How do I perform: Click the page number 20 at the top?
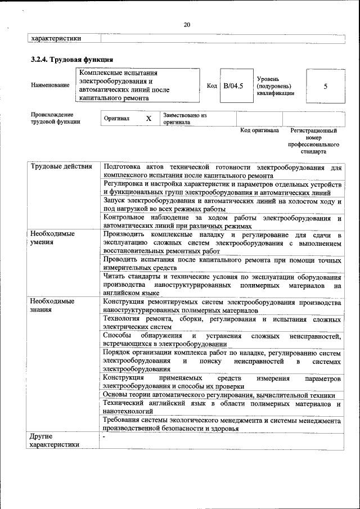[187, 24]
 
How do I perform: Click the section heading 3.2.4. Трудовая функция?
[72, 59]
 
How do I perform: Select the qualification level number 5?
[325, 86]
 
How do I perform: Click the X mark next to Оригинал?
[148, 119]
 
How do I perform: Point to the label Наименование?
[51, 85]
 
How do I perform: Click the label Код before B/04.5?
[212, 85]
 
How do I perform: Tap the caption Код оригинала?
[259, 130]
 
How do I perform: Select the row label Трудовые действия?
[61, 167]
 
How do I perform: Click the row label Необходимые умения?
[53, 238]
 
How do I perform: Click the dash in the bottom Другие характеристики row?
[105, 436]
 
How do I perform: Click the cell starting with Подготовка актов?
[222, 172]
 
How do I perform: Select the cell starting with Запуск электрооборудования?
[222, 204]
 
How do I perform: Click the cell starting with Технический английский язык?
[222, 408]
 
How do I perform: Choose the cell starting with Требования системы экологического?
[222, 424]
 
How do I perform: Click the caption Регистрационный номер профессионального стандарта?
[313, 141]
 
